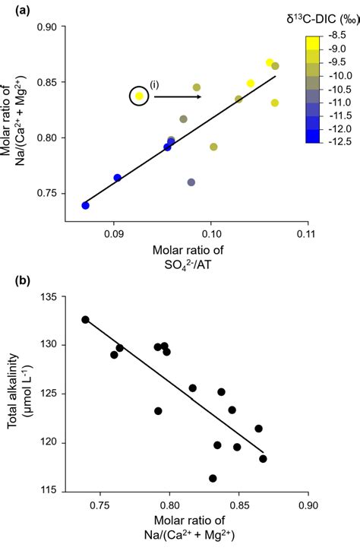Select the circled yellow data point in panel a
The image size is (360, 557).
139,97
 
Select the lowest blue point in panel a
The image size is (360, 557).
85,205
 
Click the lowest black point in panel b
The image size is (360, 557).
213,478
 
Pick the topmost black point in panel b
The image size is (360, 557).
85,319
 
